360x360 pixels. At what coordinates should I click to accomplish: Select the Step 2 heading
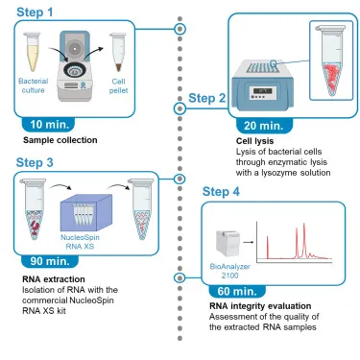tap(206, 98)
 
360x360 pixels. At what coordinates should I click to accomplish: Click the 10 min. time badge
tap(50, 124)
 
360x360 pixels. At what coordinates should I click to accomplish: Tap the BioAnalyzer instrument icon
tap(225, 236)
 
